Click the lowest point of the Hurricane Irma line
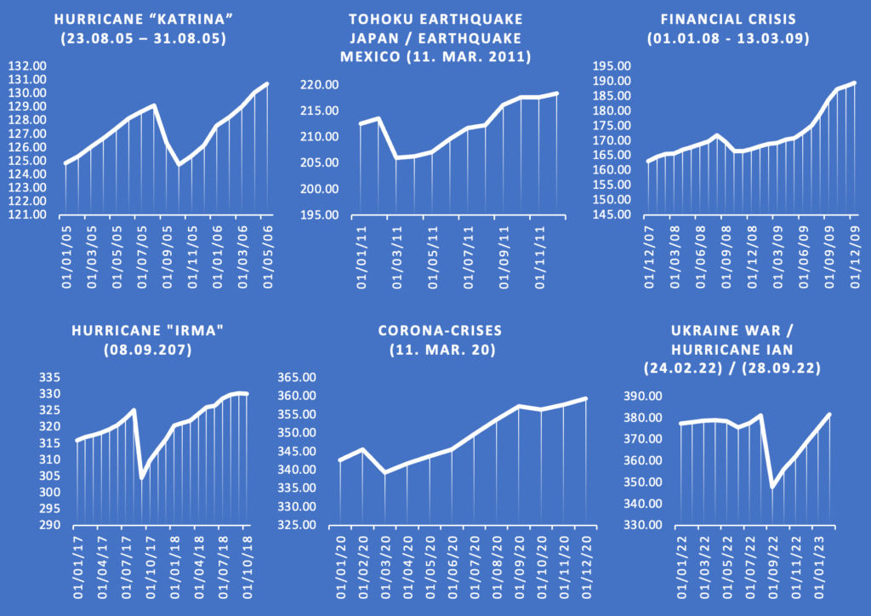pos(142,477)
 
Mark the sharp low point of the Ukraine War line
pos(773,487)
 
